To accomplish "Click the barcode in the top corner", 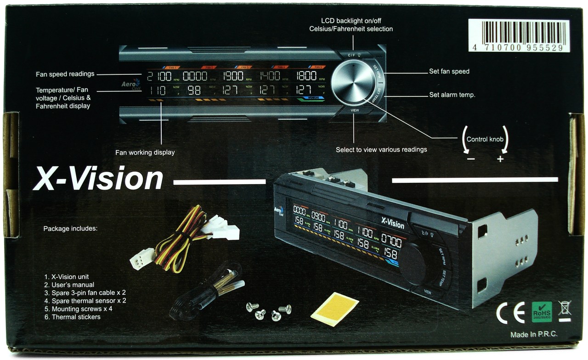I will tap(519, 35).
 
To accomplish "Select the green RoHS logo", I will tap(542, 312).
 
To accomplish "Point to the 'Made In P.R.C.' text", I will tap(534, 335).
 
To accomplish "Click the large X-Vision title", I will tap(98, 180).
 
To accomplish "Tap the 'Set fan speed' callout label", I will tap(449, 72).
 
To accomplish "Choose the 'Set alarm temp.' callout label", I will tap(452, 95).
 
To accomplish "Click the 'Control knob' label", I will tap(485, 139).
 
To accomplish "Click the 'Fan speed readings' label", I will tap(65, 74).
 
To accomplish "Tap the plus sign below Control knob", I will tap(500, 159).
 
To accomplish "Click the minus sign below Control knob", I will tap(470, 159).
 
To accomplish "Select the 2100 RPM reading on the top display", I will tap(159, 76).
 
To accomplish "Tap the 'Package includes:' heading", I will tap(70, 228).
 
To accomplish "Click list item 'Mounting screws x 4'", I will tap(82, 309).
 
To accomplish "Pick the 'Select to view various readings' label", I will tap(381, 150).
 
